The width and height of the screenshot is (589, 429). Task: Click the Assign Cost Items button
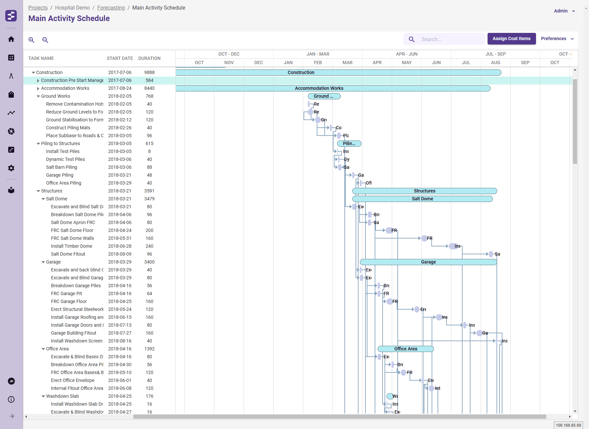point(511,39)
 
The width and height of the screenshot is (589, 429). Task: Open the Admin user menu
point(564,11)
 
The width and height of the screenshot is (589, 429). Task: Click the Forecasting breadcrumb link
point(111,8)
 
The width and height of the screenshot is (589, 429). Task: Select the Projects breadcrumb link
point(38,8)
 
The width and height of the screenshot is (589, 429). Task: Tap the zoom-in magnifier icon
point(32,40)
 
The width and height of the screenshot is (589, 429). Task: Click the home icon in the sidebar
point(11,39)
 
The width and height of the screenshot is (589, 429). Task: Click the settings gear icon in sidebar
point(11,168)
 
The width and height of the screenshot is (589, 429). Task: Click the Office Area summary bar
point(405,349)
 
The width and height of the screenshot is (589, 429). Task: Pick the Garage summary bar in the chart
point(428,262)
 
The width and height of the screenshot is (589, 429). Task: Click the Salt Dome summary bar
point(422,199)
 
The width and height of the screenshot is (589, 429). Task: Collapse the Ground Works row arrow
point(38,96)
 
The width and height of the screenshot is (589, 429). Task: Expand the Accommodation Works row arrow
point(38,88)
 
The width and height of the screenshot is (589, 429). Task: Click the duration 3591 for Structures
point(149,191)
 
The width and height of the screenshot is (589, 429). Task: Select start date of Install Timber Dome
point(120,246)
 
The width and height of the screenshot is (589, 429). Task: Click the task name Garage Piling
point(60,175)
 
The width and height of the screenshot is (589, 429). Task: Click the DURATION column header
point(149,58)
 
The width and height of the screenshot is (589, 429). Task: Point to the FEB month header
point(318,63)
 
